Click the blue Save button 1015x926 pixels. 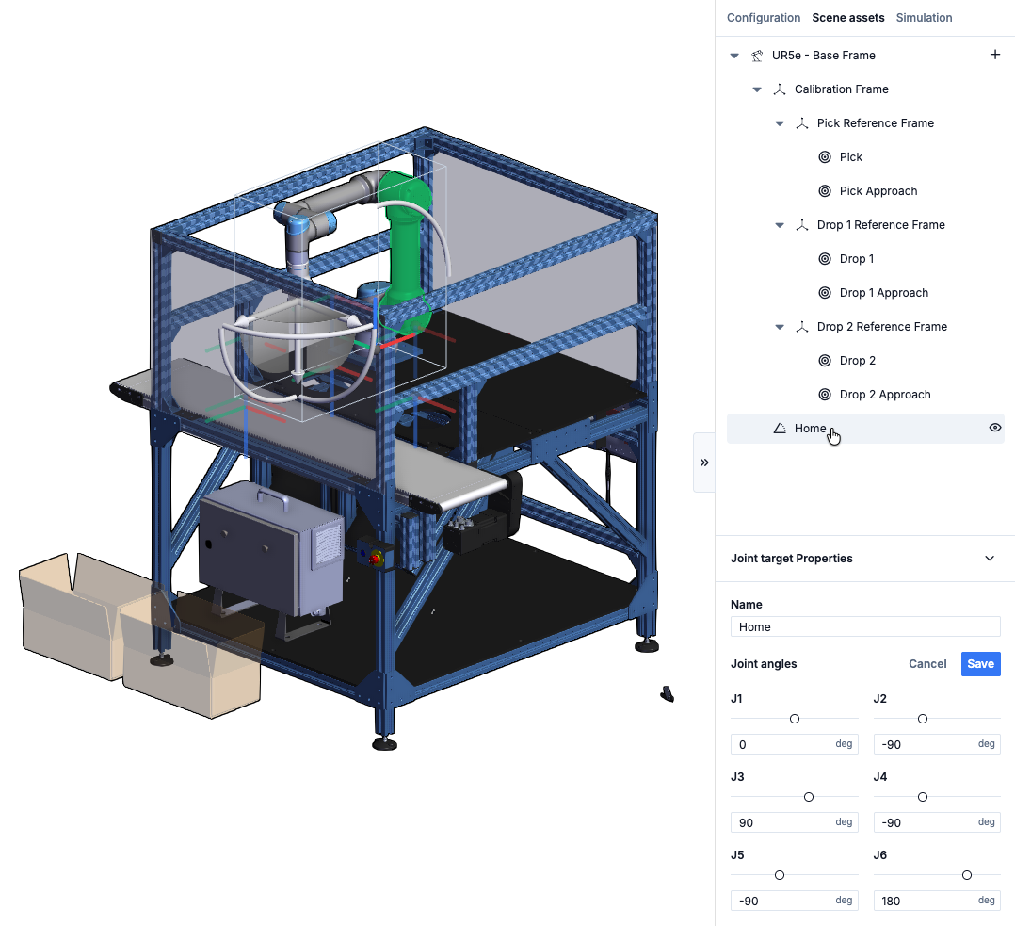click(x=981, y=664)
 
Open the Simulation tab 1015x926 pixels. click(x=924, y=18)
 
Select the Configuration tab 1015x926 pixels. click(x=764, y=18)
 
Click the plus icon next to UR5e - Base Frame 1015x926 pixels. click(x=995, y=55)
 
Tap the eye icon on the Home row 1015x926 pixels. click(x=995, y=428)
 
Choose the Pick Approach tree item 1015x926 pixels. click(x=878, y=191)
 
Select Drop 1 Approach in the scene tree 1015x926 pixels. click(x=883, y=293)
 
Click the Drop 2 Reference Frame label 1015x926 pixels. click(x=881, y=326)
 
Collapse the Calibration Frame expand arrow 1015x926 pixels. click(x=757, y=89)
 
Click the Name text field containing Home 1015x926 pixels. click(x=864, y=626)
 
